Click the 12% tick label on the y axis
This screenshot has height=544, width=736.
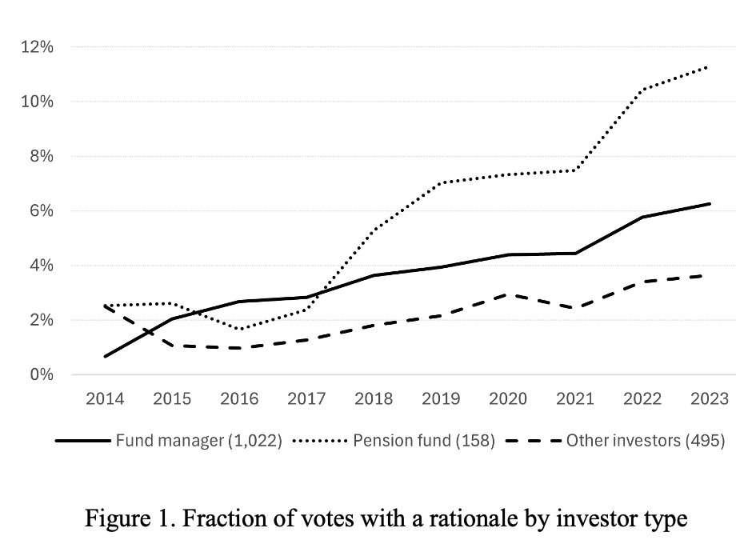pos(38,47)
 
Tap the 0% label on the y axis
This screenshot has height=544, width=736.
pos(41,374)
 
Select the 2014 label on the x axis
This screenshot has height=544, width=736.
pos(105,399)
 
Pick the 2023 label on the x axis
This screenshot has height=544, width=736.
pos(710,399)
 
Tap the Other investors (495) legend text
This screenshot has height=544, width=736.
pos(645,440)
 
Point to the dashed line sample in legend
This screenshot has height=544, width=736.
pos(532,441)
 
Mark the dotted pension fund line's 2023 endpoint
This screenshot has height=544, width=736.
pos(710,67)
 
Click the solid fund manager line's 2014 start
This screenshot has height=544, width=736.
pos(105,356)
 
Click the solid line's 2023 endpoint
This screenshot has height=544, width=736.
pos(710,204)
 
